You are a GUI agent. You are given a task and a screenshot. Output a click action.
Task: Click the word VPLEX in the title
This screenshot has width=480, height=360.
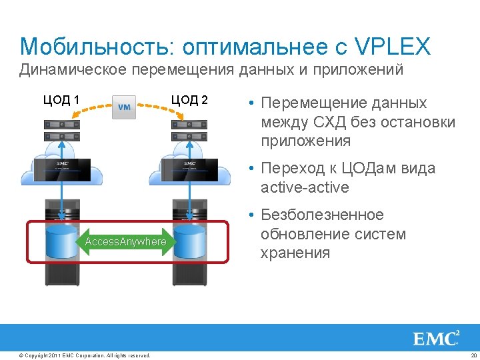coord(393,47)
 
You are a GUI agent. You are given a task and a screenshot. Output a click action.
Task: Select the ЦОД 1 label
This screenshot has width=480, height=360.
coord(61,101)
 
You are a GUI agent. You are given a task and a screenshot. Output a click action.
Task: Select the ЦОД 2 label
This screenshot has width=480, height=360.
coord(190,100)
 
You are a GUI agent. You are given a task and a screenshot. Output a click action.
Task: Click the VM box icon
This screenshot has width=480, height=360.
coord(125,107)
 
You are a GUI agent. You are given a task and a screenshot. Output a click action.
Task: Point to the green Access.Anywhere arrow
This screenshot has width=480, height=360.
coord(125,241)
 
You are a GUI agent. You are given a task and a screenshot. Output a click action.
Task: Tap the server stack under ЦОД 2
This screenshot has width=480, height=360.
coord(190,131)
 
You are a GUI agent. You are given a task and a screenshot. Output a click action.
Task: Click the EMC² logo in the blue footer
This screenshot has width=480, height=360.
coord(437,338)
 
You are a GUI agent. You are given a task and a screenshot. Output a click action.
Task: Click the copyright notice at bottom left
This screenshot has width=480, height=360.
coord(85,355)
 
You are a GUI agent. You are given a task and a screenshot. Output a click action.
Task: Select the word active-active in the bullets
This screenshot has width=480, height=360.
coord(305,187)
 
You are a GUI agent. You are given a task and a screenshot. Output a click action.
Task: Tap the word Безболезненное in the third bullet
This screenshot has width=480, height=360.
coord(323,215)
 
